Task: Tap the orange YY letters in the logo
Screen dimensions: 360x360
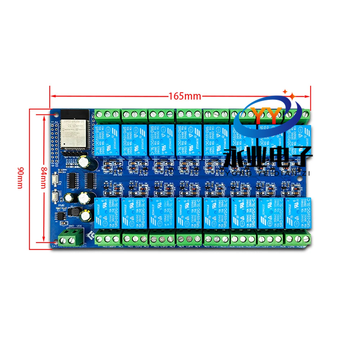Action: (x=265, y=116)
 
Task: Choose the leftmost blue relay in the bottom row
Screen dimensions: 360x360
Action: (x=107, y=212)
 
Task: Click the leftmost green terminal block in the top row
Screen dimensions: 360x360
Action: (x=107, y=115)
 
